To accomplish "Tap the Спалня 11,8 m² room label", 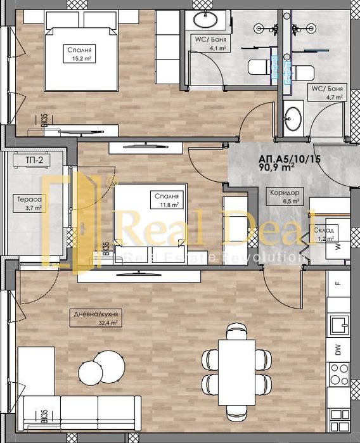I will click(x=168, y=200).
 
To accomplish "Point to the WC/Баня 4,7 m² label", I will click(x=326, y=93).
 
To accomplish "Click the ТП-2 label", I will click(x=25, y=159).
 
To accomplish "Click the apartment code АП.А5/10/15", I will click(x=285, y=160).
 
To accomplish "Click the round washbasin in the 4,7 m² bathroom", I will click(x=293, y=118).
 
